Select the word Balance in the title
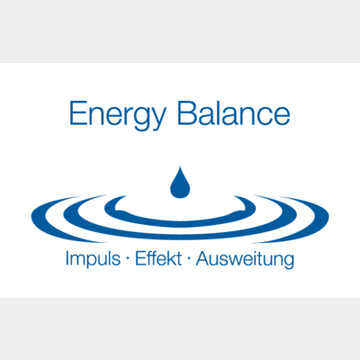(234, 113)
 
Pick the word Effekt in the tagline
(158, 258)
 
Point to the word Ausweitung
(245, 260)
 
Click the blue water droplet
(180, 183)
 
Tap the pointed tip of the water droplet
(180, 166)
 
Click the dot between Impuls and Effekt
(128, 259)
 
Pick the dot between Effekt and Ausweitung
(189, 259)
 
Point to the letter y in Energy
(157, 120)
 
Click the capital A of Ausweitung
(202, 258)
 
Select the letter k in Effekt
(172, 258)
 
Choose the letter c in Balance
(262, 116)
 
